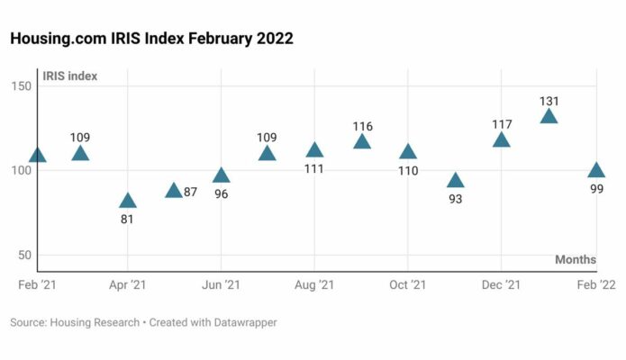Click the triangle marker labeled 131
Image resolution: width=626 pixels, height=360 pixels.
point(549,117)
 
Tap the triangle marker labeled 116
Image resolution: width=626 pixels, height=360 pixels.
point(362,142)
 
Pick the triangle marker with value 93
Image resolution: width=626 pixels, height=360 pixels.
point(456,181)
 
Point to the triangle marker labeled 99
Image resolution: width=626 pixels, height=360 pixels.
point(596,171)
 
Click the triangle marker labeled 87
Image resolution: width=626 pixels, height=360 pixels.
point(174,191)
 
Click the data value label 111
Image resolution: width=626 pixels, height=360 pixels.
point(314,169)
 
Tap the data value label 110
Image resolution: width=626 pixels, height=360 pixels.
point(408,171)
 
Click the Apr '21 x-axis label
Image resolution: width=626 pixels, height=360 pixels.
point(127,284)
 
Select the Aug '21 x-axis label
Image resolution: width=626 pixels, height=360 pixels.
point(314,284)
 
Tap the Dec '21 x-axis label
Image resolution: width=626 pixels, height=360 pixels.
point(502,284)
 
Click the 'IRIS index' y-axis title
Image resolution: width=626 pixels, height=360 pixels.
point(69,76)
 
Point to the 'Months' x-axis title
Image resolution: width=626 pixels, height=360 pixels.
point(575,260)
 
